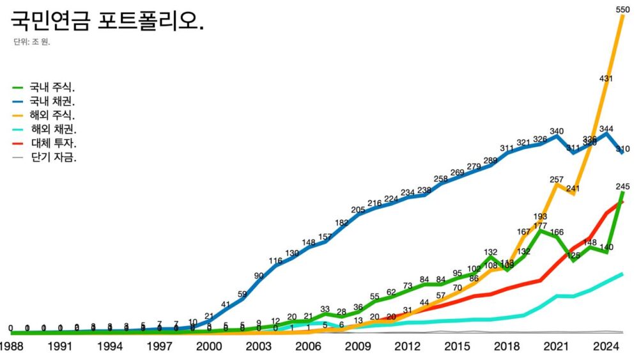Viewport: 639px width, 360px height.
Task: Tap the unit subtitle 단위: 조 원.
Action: point(31,43)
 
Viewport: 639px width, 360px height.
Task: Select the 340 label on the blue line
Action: point(557,131)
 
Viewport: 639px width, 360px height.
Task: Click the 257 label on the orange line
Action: point(557,179)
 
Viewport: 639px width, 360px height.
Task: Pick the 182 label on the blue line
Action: point(342,223)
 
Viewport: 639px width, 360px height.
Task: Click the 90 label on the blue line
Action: point(259,276)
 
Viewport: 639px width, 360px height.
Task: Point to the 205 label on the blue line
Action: point(358,210)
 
